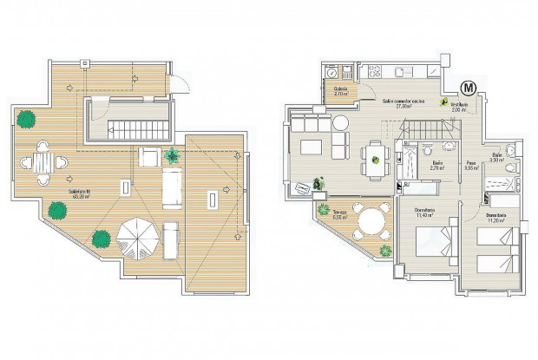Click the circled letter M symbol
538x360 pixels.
(469, 88)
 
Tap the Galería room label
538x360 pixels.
(341, 92)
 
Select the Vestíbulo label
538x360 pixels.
(458, 108)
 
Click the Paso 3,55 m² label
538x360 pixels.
(470, 166)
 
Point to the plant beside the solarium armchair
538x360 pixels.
(172, 157)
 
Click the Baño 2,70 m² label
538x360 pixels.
(438, 166)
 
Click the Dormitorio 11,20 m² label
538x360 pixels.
(496, 218)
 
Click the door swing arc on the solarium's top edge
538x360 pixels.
(178, 81)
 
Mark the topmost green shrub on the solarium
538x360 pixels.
(28, 118)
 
